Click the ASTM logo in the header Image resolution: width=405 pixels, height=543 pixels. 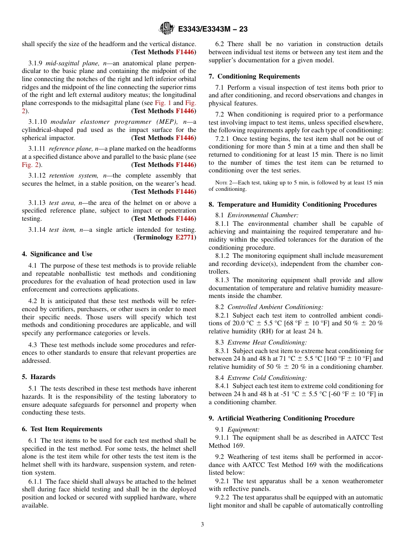click(x=166, y=29)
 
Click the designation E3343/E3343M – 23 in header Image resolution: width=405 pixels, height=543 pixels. click(x=213, y=29)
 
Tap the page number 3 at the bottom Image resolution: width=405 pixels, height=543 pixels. click(x=202, y=524)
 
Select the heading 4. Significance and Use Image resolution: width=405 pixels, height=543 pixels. click(x=57, y=254)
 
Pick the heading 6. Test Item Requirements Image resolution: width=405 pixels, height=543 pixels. click(x=62, y=429)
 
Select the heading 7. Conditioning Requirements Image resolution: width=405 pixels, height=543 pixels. click(x=254, y=76)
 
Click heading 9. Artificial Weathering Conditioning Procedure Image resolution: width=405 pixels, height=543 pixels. click(x=281, y=418)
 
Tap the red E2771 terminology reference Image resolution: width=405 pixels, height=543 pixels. click(x=185, y=237)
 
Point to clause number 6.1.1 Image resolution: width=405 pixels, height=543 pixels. click(x=36, y=481)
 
